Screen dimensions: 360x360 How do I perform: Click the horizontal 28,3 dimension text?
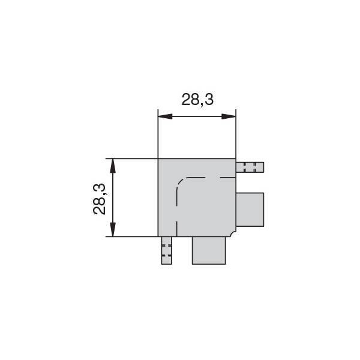point(197,100)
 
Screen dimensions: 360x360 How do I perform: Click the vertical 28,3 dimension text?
point(99,199)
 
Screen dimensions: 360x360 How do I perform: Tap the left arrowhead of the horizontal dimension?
point(165,116)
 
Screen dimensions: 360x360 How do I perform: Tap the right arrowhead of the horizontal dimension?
point(229,116)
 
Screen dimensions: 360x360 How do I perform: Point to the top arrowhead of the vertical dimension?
point(113,166)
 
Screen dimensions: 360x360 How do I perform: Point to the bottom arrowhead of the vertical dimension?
point(113,229)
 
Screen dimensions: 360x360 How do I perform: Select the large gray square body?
point(197,197)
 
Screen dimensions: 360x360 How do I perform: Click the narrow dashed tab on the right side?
point(250,167)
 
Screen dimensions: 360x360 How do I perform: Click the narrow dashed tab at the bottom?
point(166,250)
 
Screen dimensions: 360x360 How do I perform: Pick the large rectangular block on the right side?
point(250,209)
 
